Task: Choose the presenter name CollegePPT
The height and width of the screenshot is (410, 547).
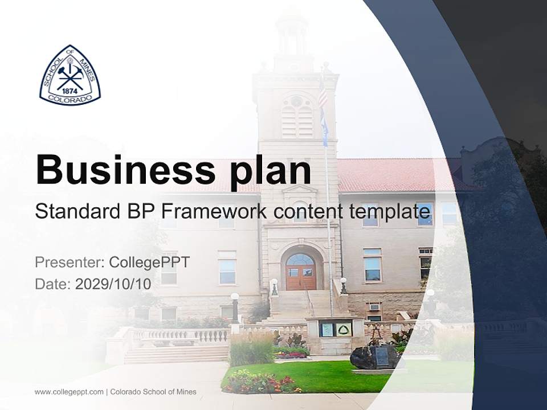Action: pos(149,263)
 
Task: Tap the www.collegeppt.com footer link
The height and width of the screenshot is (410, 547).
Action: pos(69,392)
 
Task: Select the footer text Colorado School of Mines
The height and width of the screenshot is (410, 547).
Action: pos(153,392)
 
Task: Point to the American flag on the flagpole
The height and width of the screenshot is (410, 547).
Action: pos(323,94)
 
